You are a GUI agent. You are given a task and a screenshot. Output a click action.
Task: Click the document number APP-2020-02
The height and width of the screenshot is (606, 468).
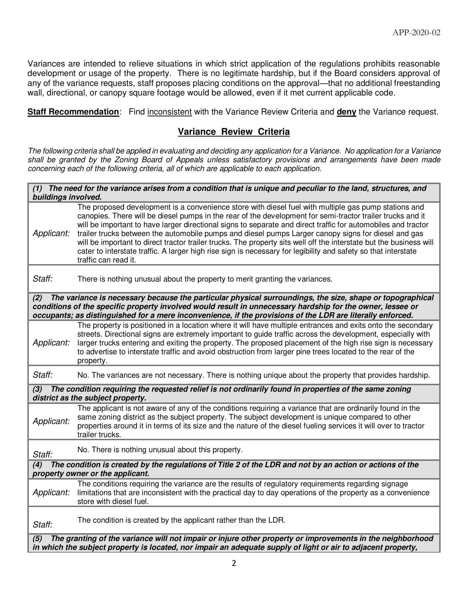click(416, 33)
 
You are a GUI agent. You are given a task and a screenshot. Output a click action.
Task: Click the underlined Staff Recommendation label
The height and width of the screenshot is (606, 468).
click(73, 112)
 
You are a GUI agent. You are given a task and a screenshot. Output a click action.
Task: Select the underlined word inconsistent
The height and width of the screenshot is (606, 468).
click(169, 112)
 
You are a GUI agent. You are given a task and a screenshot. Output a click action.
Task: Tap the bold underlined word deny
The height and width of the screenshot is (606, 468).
click(346, 112)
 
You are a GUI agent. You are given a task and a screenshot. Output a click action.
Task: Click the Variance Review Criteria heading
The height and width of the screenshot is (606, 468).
click(234, 132)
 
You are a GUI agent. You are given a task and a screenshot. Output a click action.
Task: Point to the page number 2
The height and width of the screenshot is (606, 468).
click(234, 563)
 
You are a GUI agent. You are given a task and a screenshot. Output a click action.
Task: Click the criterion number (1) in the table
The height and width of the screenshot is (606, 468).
click(37, 189)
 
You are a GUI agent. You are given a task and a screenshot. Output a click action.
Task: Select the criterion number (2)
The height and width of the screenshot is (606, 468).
click(37, 298)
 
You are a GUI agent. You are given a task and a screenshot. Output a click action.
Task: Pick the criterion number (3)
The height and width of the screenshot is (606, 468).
click(37, 389)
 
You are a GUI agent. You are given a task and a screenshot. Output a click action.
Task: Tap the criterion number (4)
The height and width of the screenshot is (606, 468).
click(37, 465)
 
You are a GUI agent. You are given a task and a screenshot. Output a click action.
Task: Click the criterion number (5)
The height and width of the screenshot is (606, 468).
click(37, 538)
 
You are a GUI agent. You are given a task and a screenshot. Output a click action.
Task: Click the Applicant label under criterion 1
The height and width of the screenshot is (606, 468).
click(51, 233)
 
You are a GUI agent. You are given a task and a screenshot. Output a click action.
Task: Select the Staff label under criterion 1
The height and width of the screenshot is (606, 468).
click(43, 279)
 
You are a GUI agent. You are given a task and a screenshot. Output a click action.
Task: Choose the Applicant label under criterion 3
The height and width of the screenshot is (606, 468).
click(51, 421)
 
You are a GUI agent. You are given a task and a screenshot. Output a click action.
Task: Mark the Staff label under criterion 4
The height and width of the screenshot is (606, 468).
click(43, 525)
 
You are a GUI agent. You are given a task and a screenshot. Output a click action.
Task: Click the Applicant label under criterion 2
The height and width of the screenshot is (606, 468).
click(51, 343)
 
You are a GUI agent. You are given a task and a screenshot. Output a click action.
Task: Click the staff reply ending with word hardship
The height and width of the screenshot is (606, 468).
click(253, 375)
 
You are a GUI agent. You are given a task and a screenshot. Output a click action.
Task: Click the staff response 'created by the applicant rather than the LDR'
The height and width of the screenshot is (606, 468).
click(181, 520)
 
